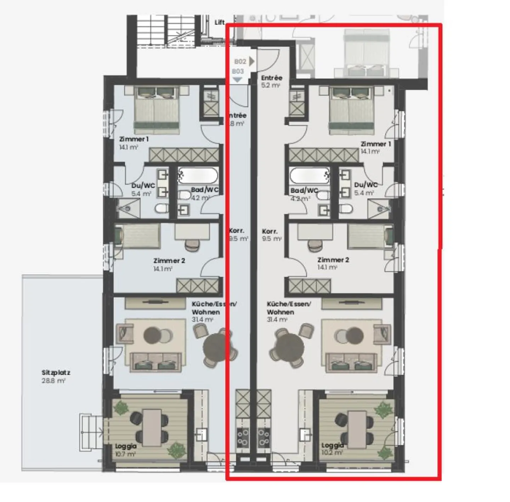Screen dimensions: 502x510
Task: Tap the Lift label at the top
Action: tap(219, 22)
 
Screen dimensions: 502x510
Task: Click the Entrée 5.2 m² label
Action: tap(271, 81)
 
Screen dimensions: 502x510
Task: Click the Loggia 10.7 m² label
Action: tap(125, 450)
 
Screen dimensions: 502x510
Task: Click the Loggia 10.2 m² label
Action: tap(332, 449)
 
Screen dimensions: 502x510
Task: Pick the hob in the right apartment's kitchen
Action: tap(263, 437)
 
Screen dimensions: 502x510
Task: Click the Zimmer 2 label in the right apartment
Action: tap(333, 263)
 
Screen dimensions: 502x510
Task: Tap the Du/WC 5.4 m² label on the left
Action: tap(143, 189)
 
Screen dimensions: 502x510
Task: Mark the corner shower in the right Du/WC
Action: tap(379, 209)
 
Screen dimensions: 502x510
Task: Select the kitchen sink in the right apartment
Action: tap(305, 434)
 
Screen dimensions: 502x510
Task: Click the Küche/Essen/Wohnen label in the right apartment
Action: tap(289, 311)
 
